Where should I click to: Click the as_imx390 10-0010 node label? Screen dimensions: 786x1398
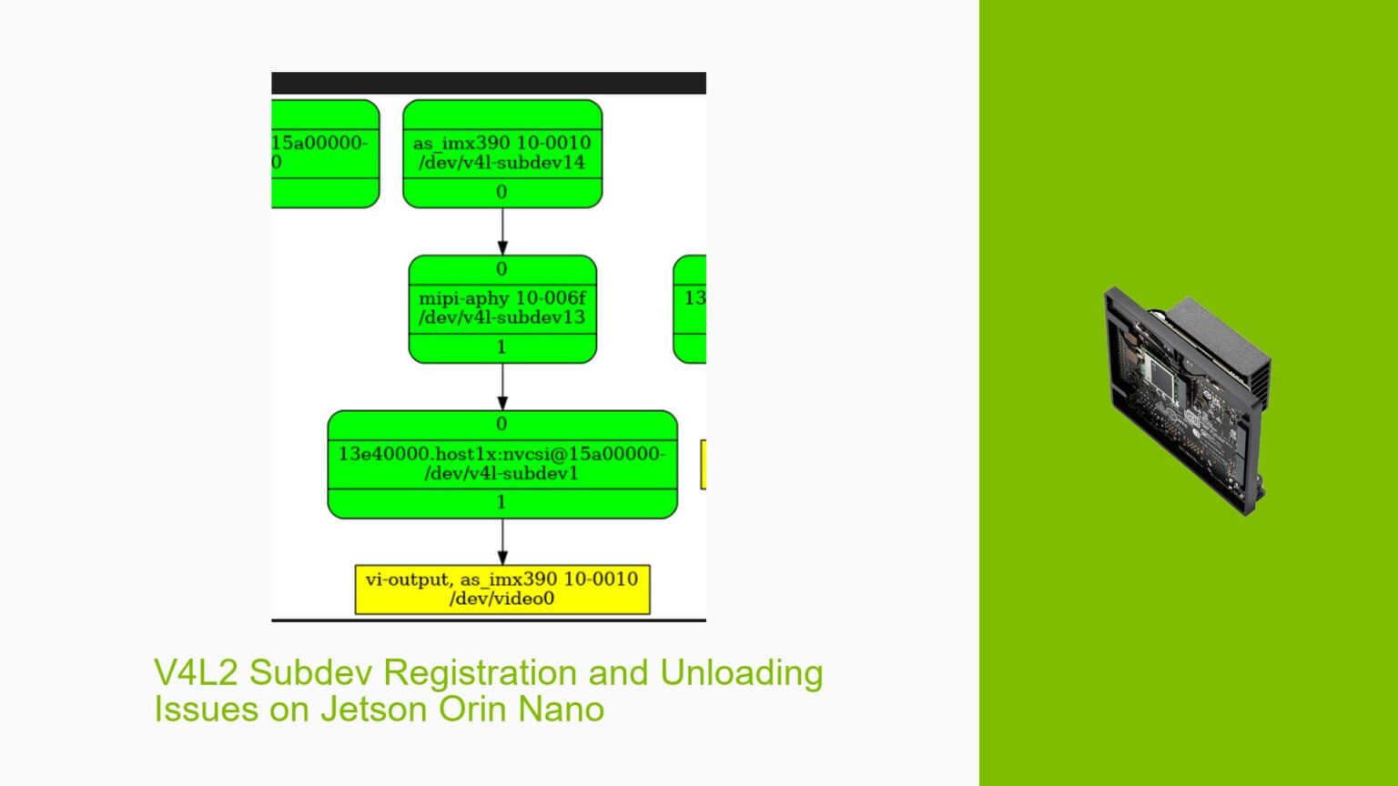[x=501, y=143]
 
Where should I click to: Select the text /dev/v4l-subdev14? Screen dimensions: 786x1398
[x=501, y=163]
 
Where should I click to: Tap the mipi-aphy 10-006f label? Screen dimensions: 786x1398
[x=501, y=298]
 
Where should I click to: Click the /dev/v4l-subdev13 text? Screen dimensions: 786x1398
[x=501, y=317]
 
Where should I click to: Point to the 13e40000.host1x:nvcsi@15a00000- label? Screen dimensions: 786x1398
[x=501, y=454]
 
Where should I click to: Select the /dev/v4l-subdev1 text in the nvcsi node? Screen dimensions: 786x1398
[x=501, y=473]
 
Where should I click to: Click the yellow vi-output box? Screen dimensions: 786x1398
[x=501, y=589]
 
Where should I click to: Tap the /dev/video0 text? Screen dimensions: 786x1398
[x=501, y=599]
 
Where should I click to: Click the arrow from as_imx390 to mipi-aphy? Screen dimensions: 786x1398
[x=502, y=231]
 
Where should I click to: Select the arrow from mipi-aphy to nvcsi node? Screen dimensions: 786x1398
[x=502, y=387]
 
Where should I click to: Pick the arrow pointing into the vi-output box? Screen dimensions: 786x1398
[x=502, y=542]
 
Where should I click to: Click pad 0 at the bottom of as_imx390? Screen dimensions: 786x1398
[x=501, y=192]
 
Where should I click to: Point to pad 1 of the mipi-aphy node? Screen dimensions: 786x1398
[x=501, y=348]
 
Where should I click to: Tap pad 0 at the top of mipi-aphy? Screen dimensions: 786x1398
[x=501, y=269]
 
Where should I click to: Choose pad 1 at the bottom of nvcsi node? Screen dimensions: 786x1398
[x=501, y=502]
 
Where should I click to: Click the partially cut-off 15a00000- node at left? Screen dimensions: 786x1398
[x=324, y=153]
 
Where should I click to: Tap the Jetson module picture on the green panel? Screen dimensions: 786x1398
[x=1187, y=399]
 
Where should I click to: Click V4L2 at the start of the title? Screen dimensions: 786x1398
[x=196, y=673]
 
